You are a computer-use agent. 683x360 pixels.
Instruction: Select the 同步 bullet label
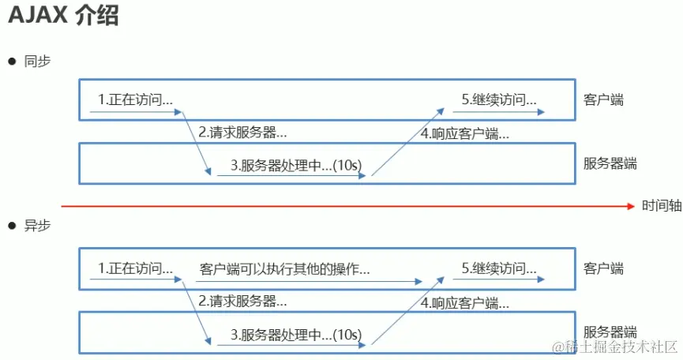[37, 61]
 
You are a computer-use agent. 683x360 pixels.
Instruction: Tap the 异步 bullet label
[37, 226]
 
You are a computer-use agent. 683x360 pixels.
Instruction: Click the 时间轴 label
[660, 206]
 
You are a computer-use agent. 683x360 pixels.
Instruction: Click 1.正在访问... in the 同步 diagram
[135, 99]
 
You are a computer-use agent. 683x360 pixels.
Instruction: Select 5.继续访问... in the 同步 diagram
[499, 99]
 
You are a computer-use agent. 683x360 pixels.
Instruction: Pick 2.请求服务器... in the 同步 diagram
[242, 133]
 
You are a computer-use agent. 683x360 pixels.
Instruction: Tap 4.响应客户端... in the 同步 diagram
[464, 133]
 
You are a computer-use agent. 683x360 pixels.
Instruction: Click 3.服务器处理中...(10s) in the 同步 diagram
[296, 164]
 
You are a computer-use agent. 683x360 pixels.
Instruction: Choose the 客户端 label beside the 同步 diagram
[603, 100]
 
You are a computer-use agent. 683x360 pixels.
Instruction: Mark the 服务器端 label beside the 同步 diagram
[610, 164]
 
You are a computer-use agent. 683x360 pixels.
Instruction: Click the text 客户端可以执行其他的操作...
[284, 268]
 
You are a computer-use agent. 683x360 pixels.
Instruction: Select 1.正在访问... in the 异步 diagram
[135, 268]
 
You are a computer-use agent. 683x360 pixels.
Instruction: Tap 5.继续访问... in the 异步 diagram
[499, 268]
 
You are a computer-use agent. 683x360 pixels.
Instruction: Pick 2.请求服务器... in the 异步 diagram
[242, 301]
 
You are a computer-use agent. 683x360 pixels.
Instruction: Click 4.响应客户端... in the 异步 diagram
[464, 302]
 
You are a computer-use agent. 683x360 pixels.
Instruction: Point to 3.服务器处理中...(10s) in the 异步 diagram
[296, 333]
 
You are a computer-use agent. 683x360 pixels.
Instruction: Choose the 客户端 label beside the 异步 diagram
[603, 268]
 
